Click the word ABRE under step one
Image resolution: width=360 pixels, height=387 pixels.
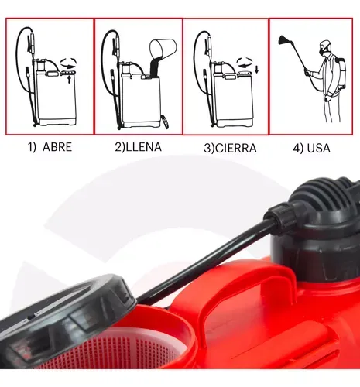click(x=57, y=147)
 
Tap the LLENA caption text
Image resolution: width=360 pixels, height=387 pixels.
click(x=143, y=147)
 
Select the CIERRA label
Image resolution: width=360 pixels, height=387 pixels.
click(x=235, y=148)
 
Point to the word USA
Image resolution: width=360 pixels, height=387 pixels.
click(x=319, y=148)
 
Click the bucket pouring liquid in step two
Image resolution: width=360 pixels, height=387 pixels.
click(x=163, y=49)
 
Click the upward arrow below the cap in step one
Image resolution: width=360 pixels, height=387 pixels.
click(x=69, y=79)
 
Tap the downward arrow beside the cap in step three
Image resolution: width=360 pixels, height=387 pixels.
click(x=257, y=69)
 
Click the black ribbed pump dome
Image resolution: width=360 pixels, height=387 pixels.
click(x=324, y=201)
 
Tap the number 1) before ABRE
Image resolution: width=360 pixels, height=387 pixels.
click(x=32, y=147)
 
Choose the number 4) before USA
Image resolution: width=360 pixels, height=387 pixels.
click(x=298, y=149)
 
